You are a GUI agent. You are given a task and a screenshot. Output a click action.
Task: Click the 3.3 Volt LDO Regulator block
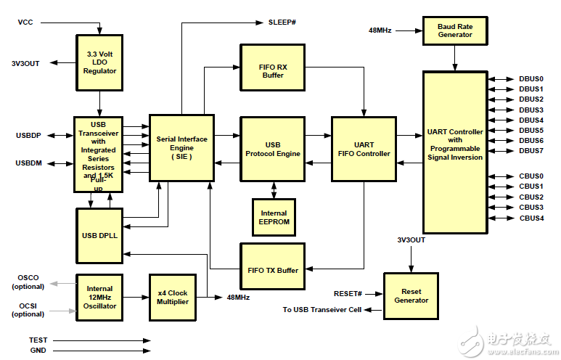tap(99, 62)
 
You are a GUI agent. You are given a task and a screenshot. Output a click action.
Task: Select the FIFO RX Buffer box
tap(273, 67)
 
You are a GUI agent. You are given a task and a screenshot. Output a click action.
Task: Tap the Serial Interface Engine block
tap(181, 148)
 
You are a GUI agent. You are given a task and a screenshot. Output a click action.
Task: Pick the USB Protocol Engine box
tap(273, 149)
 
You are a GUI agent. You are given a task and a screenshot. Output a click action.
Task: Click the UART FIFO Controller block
tap(364, 149)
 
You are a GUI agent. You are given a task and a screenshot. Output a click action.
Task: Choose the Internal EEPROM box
tap(274, 217)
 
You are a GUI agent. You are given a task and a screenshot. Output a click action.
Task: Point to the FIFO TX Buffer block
tap(273, 266)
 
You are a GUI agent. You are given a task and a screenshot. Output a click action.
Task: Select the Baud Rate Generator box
tap(455, 30)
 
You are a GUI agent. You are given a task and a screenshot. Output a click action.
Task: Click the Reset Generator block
tap(411, 296)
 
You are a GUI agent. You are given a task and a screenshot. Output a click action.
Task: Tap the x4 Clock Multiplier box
tap(173, 298)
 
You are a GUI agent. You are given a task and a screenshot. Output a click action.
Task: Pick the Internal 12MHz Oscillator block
tap(99, 298)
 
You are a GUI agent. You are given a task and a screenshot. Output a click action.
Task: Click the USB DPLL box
tap(99, 236)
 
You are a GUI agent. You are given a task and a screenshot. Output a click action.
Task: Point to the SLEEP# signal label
tap(282, 22)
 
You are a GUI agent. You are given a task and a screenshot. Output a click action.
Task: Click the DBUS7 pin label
tap(531, 151)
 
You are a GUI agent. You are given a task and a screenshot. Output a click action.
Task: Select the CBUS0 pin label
tap(531, 176)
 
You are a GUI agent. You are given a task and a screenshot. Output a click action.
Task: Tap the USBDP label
tap(28, 135)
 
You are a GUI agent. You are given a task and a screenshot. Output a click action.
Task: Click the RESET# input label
tap(348, 294)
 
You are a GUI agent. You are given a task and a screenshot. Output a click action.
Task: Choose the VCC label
tap(25, 22)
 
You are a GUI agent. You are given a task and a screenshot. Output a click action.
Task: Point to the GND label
tap(38, 351)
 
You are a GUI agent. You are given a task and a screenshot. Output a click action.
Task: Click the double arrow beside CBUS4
tap(501, 218)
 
